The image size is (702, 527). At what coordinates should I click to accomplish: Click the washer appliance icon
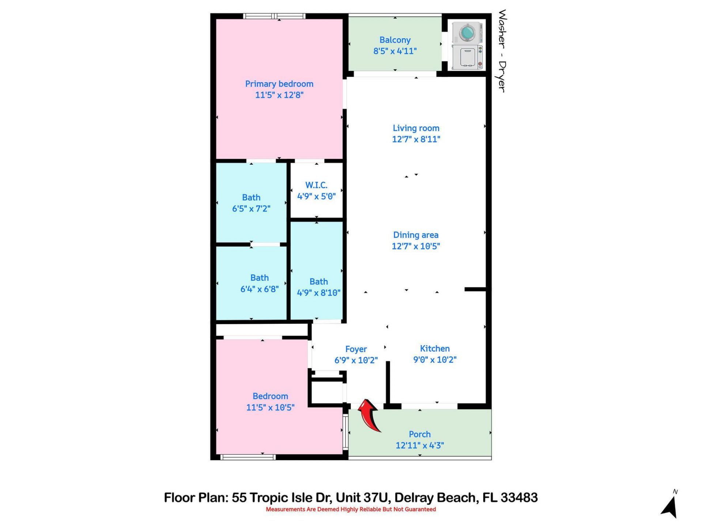(467, 32)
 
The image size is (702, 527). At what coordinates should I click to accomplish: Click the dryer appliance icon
(467, 57)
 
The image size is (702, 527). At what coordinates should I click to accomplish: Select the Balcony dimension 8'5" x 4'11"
(395, 51)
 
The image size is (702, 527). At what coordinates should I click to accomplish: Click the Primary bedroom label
(279, 84)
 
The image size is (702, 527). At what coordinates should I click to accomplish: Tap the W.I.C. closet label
(316, 185)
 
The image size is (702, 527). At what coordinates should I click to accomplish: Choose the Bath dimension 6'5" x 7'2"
(251, 209)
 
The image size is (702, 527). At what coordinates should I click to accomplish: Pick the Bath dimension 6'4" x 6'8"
(259, 289)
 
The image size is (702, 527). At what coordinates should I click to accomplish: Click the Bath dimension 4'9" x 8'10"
(318, 293)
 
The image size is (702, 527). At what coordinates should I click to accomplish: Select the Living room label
(416, 128)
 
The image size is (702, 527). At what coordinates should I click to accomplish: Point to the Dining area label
(416, 235)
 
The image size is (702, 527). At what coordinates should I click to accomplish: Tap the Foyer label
(356, 349)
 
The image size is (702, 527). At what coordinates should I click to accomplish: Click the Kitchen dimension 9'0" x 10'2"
(435, 360)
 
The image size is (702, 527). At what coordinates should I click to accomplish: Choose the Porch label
(419, 434)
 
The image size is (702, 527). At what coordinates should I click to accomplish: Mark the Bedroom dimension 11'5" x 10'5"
(270, 407)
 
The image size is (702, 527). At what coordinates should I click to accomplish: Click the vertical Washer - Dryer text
(502, 51)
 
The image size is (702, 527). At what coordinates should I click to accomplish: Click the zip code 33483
(519, 498)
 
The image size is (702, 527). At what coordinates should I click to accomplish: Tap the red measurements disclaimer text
(351, 509)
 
